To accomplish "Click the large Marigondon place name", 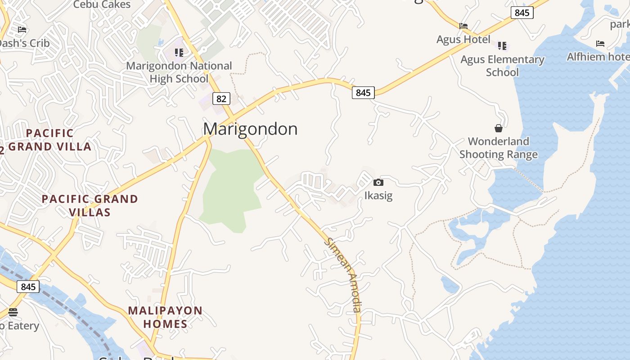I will pyautogui.click(x=250, y=129).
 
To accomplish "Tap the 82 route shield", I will pyautogui.click(x=220, y=99).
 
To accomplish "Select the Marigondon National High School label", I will pyautogui.click(x=179, y=72).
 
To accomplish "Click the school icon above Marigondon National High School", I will pyautogui.click(x=179, y=53).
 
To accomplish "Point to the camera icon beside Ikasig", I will pyautogui.click(x=378, y=182).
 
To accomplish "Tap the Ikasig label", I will pyautogui.click(x=378, y=196).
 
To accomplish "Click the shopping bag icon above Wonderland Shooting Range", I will pyautogui.click(x=499, y=128).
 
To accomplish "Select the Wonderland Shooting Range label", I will pyautogui.click(x=499, y=148).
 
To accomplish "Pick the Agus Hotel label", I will pyautogui.click(x=463, y=40).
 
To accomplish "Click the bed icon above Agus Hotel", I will pyautogui.click(x=463, y=26).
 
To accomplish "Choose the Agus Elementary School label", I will pyautogui.click(x=502, y=66).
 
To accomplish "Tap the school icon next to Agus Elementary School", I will pyautogui.click(x=502, y=46).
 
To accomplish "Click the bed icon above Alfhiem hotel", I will pyautogui.click(x=600, y=44).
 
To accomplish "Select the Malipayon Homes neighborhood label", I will pyautogui.click(x=165, y=317).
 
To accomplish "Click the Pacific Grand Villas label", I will pyautogui.click(x=90, y=205).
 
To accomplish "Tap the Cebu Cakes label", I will pyautogui.click(x=102, y=4).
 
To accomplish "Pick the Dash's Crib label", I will pyautogui.click(x=23, y=44).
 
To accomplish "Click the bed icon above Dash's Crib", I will pyautogui.click(x=22, y=30).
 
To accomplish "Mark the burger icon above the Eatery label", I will pyautogui.click(x=13, y=312).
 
